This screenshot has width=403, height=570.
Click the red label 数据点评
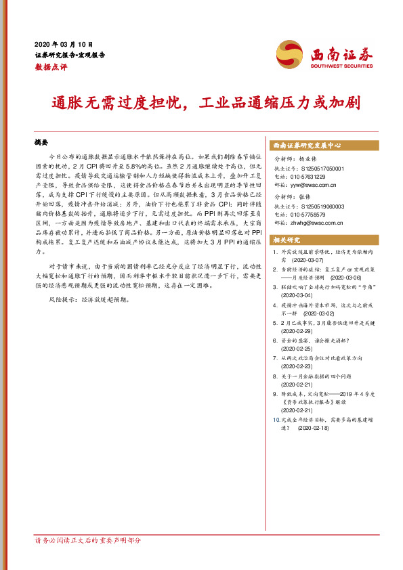pyautogui.click(x=51, y=68)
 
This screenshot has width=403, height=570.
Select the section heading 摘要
pyautogui.click(x=42, y=144)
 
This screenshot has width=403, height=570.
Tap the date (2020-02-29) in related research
pyautogui.click(x=298, y=332)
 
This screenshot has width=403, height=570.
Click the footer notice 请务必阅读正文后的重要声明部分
pyautogui.click(x=88, y=540)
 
